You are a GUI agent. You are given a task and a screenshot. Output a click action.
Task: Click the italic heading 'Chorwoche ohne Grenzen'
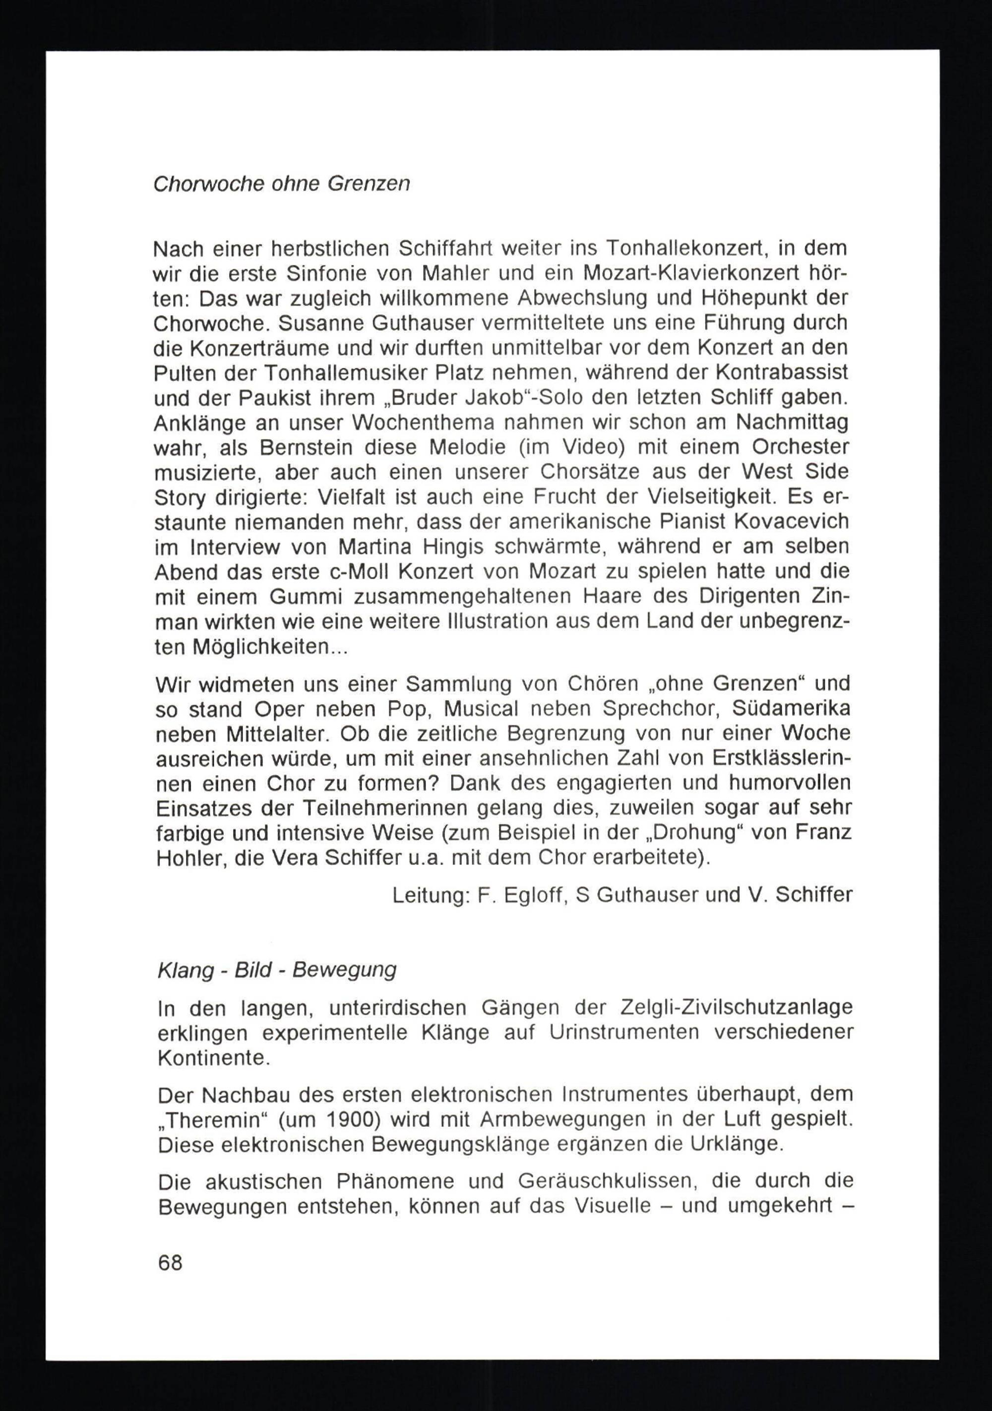pos(281,184)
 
